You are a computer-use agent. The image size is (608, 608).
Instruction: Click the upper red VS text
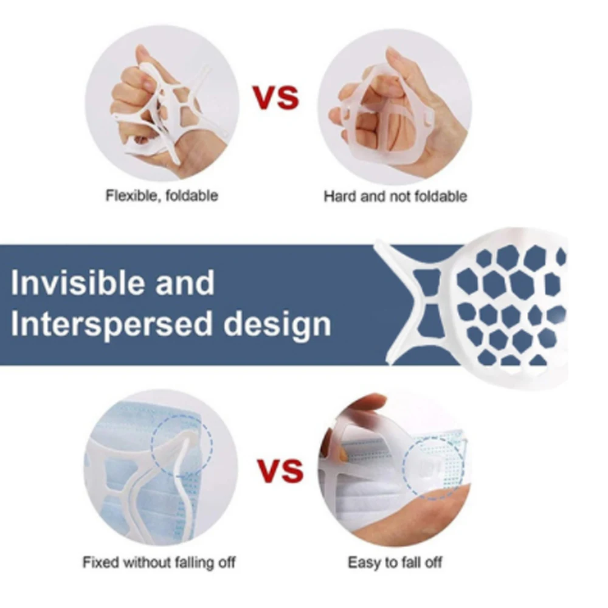click(277, 97)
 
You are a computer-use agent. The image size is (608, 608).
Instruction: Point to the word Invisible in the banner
click(77, 283)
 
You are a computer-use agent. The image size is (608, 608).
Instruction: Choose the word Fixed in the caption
click(97, 562)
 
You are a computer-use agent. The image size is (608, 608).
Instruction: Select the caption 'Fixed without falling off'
click(159, 562)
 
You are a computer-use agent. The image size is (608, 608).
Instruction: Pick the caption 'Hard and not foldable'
click(395, 196)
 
